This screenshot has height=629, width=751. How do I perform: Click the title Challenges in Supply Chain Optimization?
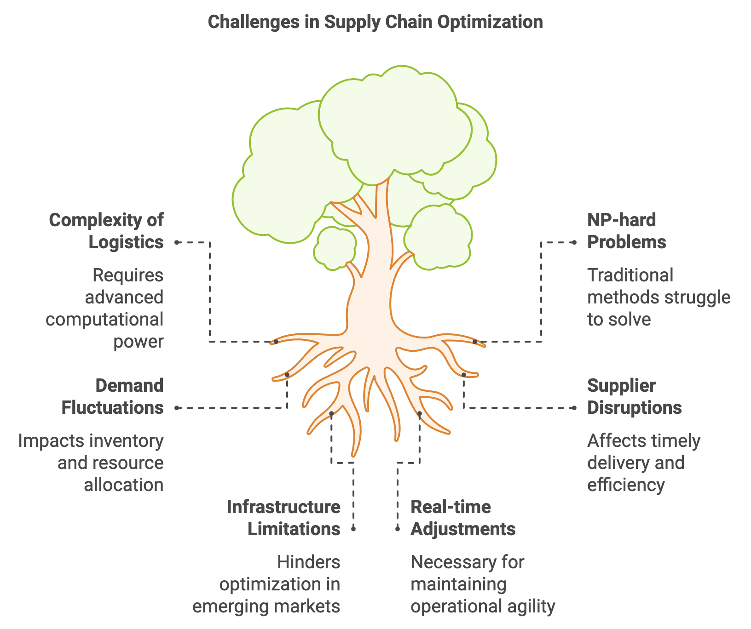[375, 22]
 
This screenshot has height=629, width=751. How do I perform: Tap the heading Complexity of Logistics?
[106, 231]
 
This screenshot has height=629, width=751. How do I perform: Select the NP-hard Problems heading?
[627, 231]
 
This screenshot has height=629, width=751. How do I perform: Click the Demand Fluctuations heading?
[113, 396]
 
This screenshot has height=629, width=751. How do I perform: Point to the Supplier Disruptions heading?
[635, 396]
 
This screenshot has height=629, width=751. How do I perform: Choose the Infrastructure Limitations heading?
[283, 518]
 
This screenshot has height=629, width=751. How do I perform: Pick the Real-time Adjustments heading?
[463, 518]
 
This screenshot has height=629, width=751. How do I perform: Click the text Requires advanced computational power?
[105, 308]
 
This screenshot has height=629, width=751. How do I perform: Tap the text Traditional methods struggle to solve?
[659, 297]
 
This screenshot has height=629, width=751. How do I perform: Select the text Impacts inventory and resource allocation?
[91, 463]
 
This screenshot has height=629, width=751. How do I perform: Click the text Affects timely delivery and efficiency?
[644, 463]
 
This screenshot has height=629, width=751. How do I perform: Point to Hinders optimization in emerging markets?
[266, 584]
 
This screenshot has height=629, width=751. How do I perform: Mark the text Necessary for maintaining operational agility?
[483, 584]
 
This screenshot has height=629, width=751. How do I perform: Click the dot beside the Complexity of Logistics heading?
[177, 242]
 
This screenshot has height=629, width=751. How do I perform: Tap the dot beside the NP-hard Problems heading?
[574, 242]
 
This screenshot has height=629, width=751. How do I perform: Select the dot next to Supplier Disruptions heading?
[574, 408]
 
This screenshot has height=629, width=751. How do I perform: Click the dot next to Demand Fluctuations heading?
[177, 408]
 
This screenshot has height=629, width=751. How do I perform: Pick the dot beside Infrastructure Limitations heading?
[353, 529]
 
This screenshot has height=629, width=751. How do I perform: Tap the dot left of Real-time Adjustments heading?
[398, 529]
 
